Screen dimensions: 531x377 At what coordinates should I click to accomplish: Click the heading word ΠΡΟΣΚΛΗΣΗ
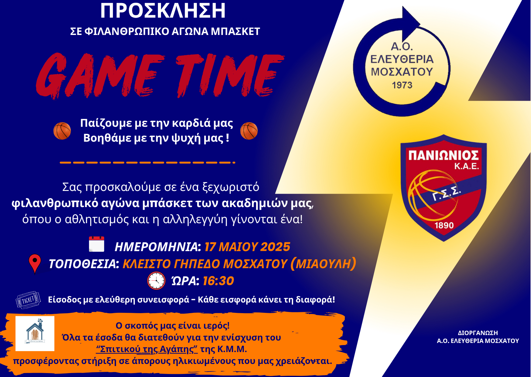click(x=163, y=11)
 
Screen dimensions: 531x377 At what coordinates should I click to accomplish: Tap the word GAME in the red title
click(x=100, y=76)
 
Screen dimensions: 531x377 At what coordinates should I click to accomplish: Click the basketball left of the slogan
click(x=62, y=131)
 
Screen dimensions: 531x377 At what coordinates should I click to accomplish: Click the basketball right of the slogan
click(x=249, y=131)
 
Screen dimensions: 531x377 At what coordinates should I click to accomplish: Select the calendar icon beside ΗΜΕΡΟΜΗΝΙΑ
click(x=97, y=244)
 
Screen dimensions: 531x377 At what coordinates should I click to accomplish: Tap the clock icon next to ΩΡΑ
click(x=156, y=281)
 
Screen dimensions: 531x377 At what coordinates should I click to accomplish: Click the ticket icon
click(x=28, y=300)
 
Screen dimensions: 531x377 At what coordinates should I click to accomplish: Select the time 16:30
click(x=218, y=281)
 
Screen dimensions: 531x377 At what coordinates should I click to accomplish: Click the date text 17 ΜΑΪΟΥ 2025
click(x=247, y=247)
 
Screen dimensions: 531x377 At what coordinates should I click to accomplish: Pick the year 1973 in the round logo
click(x=402, y=85)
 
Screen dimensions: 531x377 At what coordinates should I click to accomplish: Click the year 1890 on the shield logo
click(x=444, y=225)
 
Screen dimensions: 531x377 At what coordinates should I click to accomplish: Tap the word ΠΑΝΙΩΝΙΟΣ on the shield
click(x=443, y=155)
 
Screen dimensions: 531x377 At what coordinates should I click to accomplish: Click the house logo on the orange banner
click(x=35, y=334)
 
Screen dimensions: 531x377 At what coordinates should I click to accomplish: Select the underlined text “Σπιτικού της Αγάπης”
click(x=147, y=349)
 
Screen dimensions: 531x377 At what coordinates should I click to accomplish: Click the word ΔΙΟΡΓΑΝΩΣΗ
click(x=478, y=333)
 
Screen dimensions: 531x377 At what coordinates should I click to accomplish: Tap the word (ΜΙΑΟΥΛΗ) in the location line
click(x=323, y=264)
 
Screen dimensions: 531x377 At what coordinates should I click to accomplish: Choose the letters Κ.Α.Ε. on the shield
click(x=466, y=166)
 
